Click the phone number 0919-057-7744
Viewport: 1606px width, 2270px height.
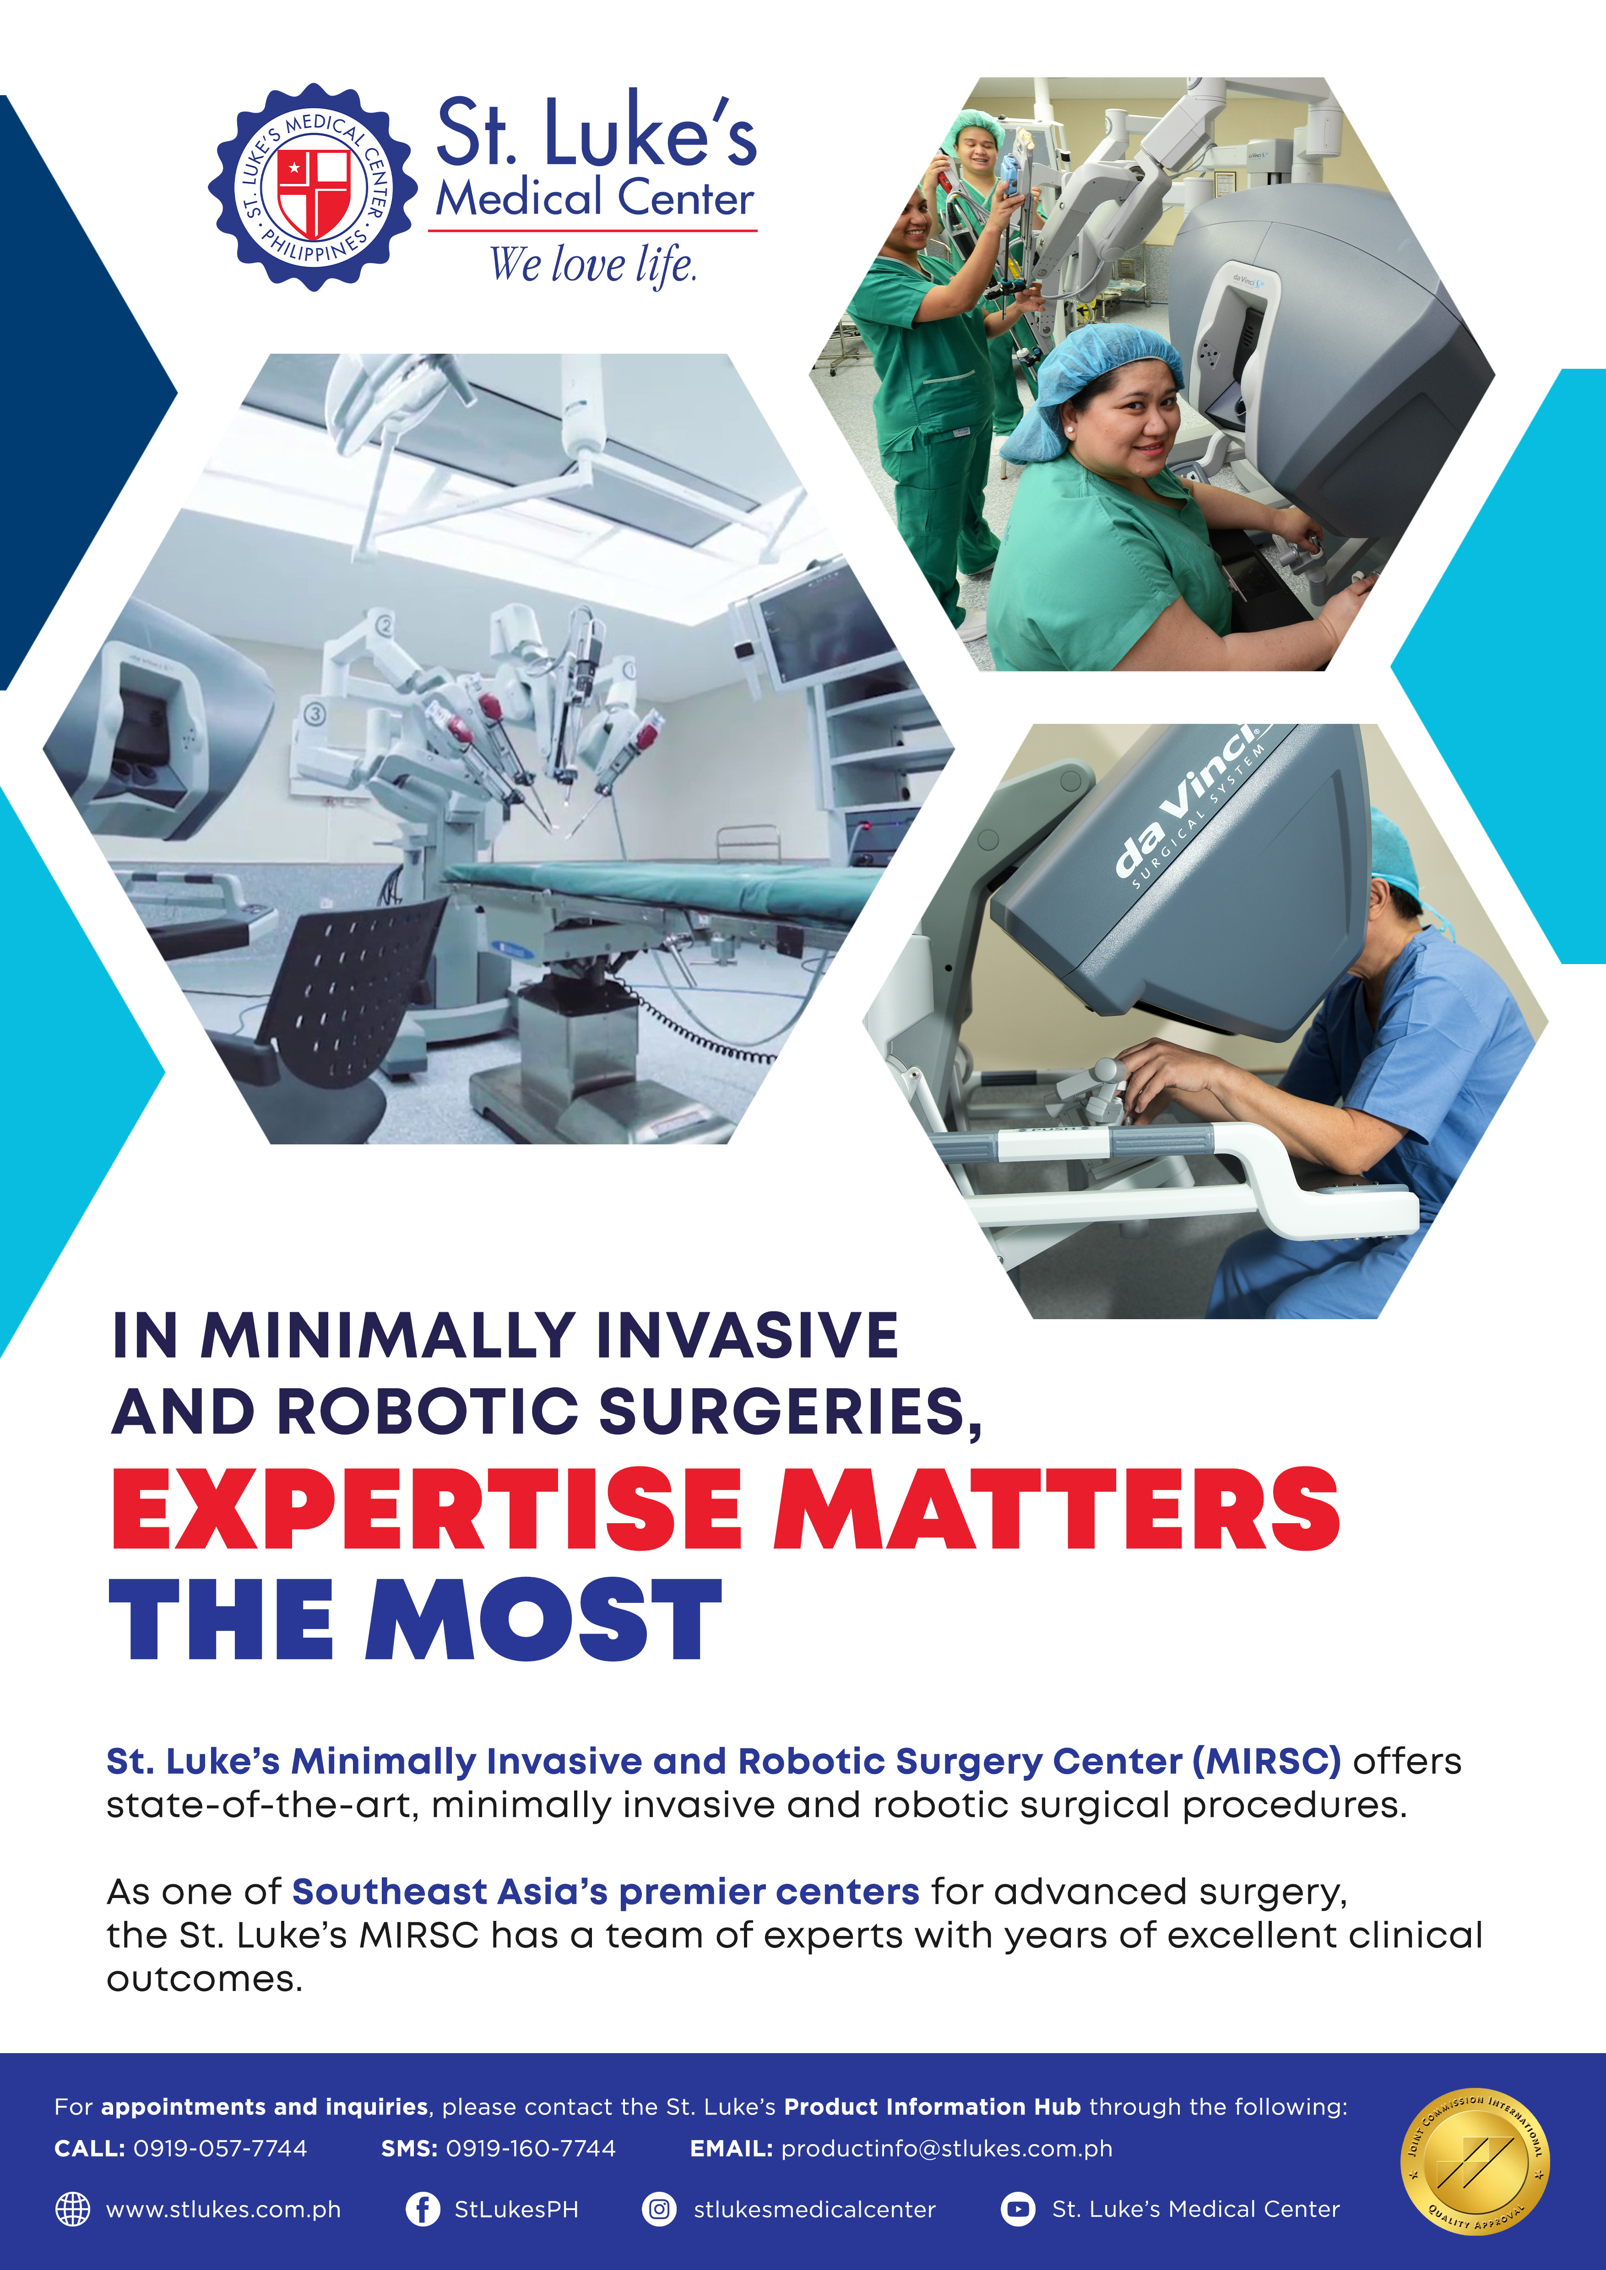click(x=221, y=2148)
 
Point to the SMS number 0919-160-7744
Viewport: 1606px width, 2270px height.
click(x=531, y=2148)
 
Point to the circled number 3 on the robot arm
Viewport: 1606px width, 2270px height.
click(x=315, y=713)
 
